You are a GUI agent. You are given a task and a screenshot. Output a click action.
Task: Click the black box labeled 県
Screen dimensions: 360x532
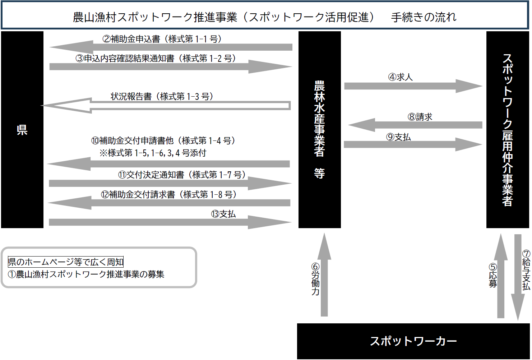tap(22, 130)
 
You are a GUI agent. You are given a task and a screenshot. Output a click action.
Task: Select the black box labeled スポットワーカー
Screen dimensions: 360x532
tap(413, 341)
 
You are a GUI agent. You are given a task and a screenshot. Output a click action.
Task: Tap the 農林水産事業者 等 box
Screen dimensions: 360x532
tap(319, 130)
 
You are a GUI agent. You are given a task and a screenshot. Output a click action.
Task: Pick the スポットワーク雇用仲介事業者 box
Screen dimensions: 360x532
tap(507, 130)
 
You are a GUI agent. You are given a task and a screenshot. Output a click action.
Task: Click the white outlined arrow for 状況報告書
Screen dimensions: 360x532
tap(165, 106)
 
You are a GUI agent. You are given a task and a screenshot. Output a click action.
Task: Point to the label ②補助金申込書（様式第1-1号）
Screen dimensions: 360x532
tap(162, 39)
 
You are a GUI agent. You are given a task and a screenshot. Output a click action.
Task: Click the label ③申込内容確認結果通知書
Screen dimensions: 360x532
tap(156, 58)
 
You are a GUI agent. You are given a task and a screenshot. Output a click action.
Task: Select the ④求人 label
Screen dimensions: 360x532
tap(400, 77)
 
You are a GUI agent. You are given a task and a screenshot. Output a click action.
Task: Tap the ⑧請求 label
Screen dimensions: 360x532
tap(420, 117)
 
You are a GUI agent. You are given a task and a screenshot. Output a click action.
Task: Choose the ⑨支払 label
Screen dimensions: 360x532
tap(398, 137)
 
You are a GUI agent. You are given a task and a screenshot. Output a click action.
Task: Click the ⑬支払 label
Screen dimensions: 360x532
tap(223, 214)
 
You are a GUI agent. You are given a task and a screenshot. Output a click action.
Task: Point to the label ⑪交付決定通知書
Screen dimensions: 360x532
tap(182, 175)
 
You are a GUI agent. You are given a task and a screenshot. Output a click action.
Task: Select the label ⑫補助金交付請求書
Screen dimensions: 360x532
tap(169, 194)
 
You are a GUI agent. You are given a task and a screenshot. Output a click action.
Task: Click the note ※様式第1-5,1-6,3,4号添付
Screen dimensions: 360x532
tap(153, 153)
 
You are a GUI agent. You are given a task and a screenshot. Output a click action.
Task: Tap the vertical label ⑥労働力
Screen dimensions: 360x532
tap(315, 279)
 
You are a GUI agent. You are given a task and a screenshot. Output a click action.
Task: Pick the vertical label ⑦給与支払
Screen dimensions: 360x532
tap(526, 270)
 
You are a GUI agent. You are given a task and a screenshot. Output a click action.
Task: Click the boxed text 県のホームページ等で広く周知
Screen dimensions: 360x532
tap(66, 262)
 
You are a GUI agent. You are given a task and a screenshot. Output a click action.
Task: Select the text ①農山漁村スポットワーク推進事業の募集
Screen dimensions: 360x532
tap(86, 274)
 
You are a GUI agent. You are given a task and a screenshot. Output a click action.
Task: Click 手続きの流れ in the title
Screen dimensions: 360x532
tap(424, 17)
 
